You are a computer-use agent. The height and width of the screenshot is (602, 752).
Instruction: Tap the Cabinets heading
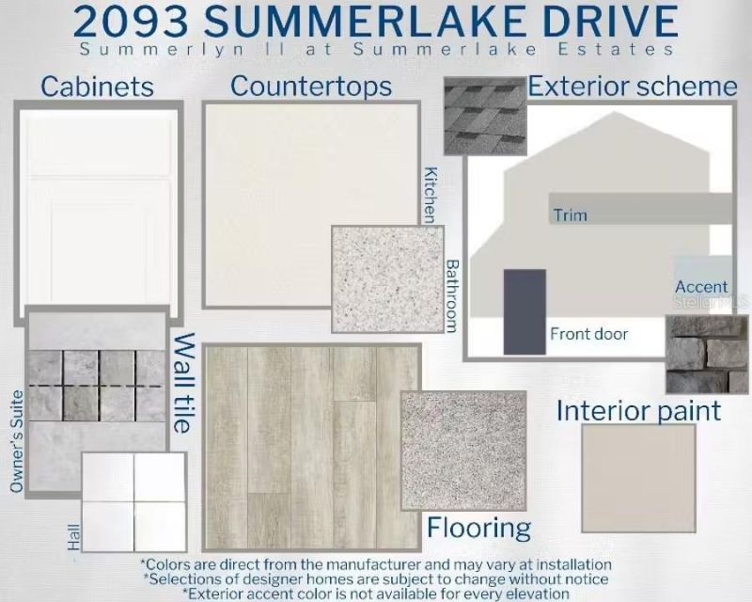point(97,87)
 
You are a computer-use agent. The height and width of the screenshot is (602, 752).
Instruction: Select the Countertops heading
point(311,87)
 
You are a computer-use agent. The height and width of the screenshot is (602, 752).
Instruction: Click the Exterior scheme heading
point(633,87)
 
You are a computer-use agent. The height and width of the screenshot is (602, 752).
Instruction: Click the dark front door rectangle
point(525,311)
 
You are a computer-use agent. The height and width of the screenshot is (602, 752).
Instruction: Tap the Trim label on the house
point(570,215)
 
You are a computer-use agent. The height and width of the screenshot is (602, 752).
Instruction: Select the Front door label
point(588,334)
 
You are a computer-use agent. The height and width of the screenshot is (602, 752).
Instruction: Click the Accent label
point(701,287)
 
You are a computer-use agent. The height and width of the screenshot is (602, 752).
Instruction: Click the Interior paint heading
point(638,411)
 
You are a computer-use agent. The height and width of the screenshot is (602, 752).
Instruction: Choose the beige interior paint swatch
point(638,478)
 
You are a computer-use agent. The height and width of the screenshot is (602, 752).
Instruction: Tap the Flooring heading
point(478,527)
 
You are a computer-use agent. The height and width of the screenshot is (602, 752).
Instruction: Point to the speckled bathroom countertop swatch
point(385,278)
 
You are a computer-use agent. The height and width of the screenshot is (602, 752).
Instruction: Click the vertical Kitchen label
point(431,195)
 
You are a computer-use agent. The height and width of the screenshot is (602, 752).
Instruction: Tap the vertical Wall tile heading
point(184,383)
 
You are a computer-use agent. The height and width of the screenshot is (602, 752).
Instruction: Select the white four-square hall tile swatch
point(133,501)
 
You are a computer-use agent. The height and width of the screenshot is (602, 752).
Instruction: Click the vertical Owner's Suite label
point(17,441)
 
